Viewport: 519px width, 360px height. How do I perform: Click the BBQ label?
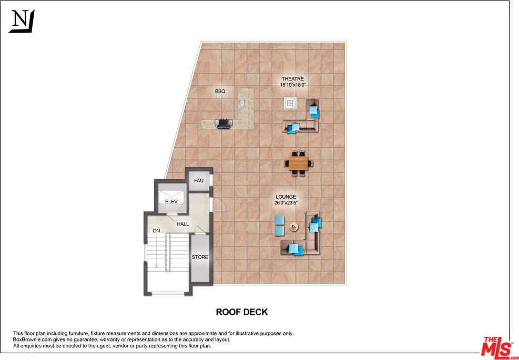click(x=220, y=91)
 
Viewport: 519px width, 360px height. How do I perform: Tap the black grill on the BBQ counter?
click(x=225, y=124)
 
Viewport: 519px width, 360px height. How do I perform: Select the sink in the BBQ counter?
click(x=242, y=103)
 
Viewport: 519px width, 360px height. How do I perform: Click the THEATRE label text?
click(x=292, y=79)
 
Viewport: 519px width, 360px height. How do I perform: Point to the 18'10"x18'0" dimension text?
click(x=292, y=85)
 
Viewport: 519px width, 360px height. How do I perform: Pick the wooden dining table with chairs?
click(x=298, y=163)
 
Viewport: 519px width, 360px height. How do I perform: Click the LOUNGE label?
click(x=286, y=197)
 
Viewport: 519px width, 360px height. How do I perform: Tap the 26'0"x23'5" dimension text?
click(x=286, y=203)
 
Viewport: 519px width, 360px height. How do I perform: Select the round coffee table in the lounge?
click(x=294, y=227)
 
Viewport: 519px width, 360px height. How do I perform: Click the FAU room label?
click(x=198, y=181)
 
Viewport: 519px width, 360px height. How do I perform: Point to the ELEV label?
click(x=171, y=201)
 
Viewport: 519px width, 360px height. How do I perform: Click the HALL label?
click(x=183, y=224)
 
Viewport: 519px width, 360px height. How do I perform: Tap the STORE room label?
click(x=200, y=258)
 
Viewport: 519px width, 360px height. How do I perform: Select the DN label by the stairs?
click(x=156, y=231)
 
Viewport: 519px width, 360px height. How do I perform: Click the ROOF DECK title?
click(x=242, y=312)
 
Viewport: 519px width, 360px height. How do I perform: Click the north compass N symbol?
click(x=22, y=21)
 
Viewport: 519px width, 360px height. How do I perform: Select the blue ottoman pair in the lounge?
click(x=279, y=225)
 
